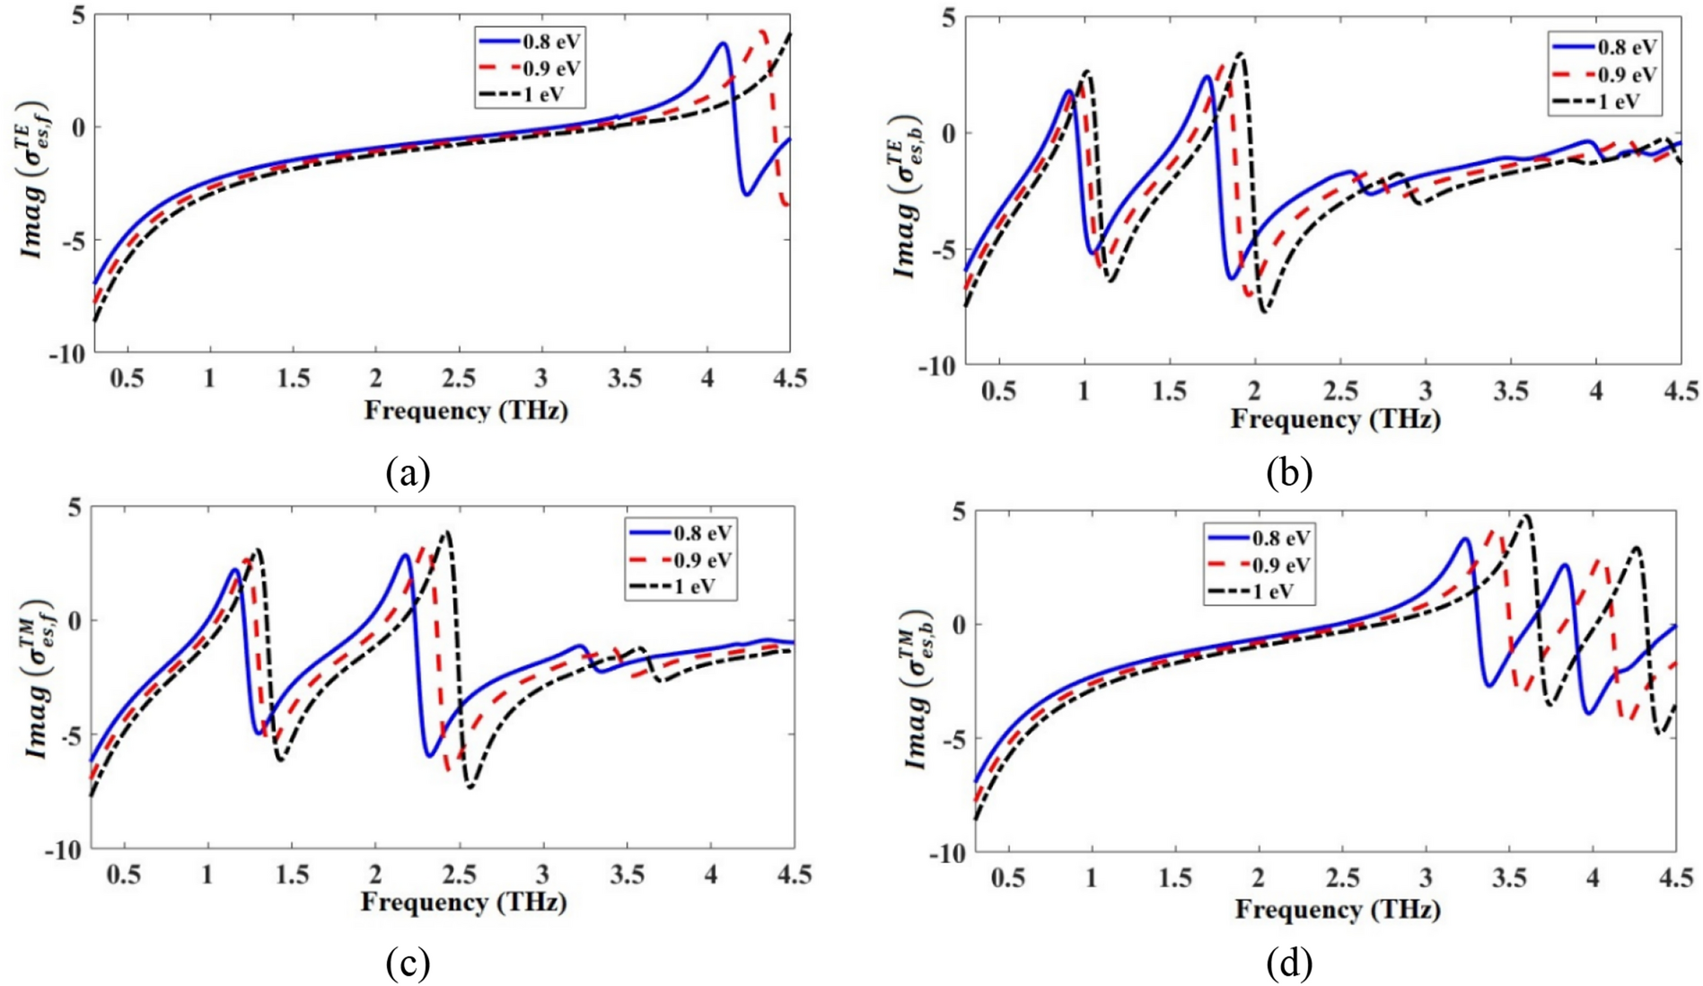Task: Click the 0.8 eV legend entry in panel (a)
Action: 530,41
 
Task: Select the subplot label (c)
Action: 408,964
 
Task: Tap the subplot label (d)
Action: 1289,964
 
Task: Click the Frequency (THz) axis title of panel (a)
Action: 466,410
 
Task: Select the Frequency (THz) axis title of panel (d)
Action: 1338,909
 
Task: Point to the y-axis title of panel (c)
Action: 36,680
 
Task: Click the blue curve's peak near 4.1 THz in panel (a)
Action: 722,43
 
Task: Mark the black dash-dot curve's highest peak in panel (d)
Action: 1525,516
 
